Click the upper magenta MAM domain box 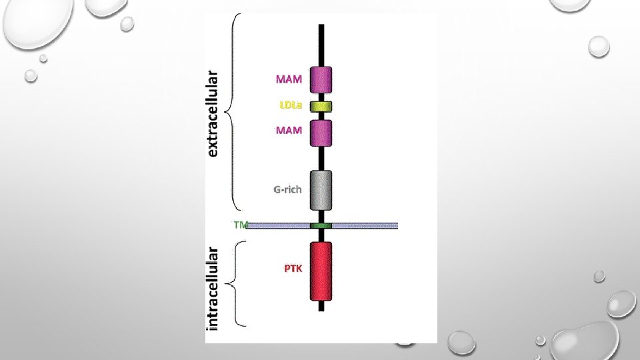pos(321,80)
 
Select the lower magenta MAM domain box pos(321,132)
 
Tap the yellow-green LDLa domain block pos(321,106)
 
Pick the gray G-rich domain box pos(321,190)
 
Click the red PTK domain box pos(321,271)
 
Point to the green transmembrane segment pos(321,226)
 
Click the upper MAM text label pos(289,79)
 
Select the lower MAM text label pos(289,130)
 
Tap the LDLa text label pos(290,105)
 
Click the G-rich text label pos(287,189)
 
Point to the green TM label pos(239,225)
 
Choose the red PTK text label pos(293,269)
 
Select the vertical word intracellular pos(213,289)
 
